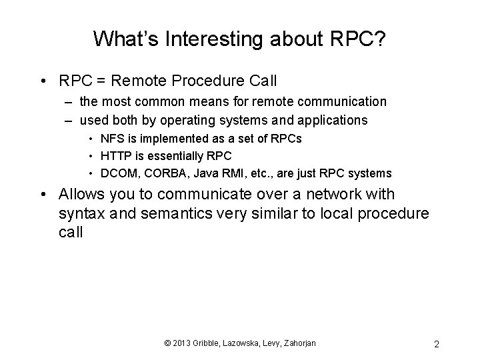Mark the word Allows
[81, 195]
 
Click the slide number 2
[436, 344]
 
